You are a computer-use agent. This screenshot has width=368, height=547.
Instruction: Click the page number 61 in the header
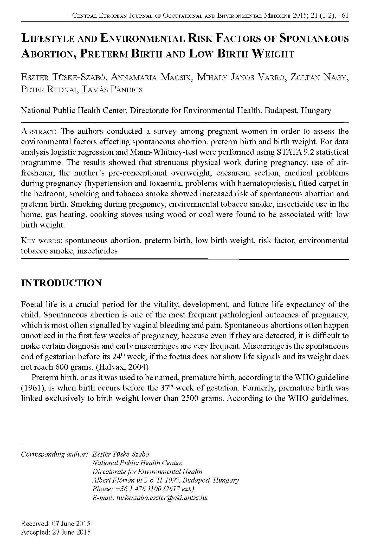click(x=345, y=16)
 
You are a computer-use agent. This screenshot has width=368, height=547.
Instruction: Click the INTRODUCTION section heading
click(x=61, y=283)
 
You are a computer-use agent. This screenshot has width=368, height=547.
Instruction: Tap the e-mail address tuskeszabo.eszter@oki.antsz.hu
click(x=162, y=498)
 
